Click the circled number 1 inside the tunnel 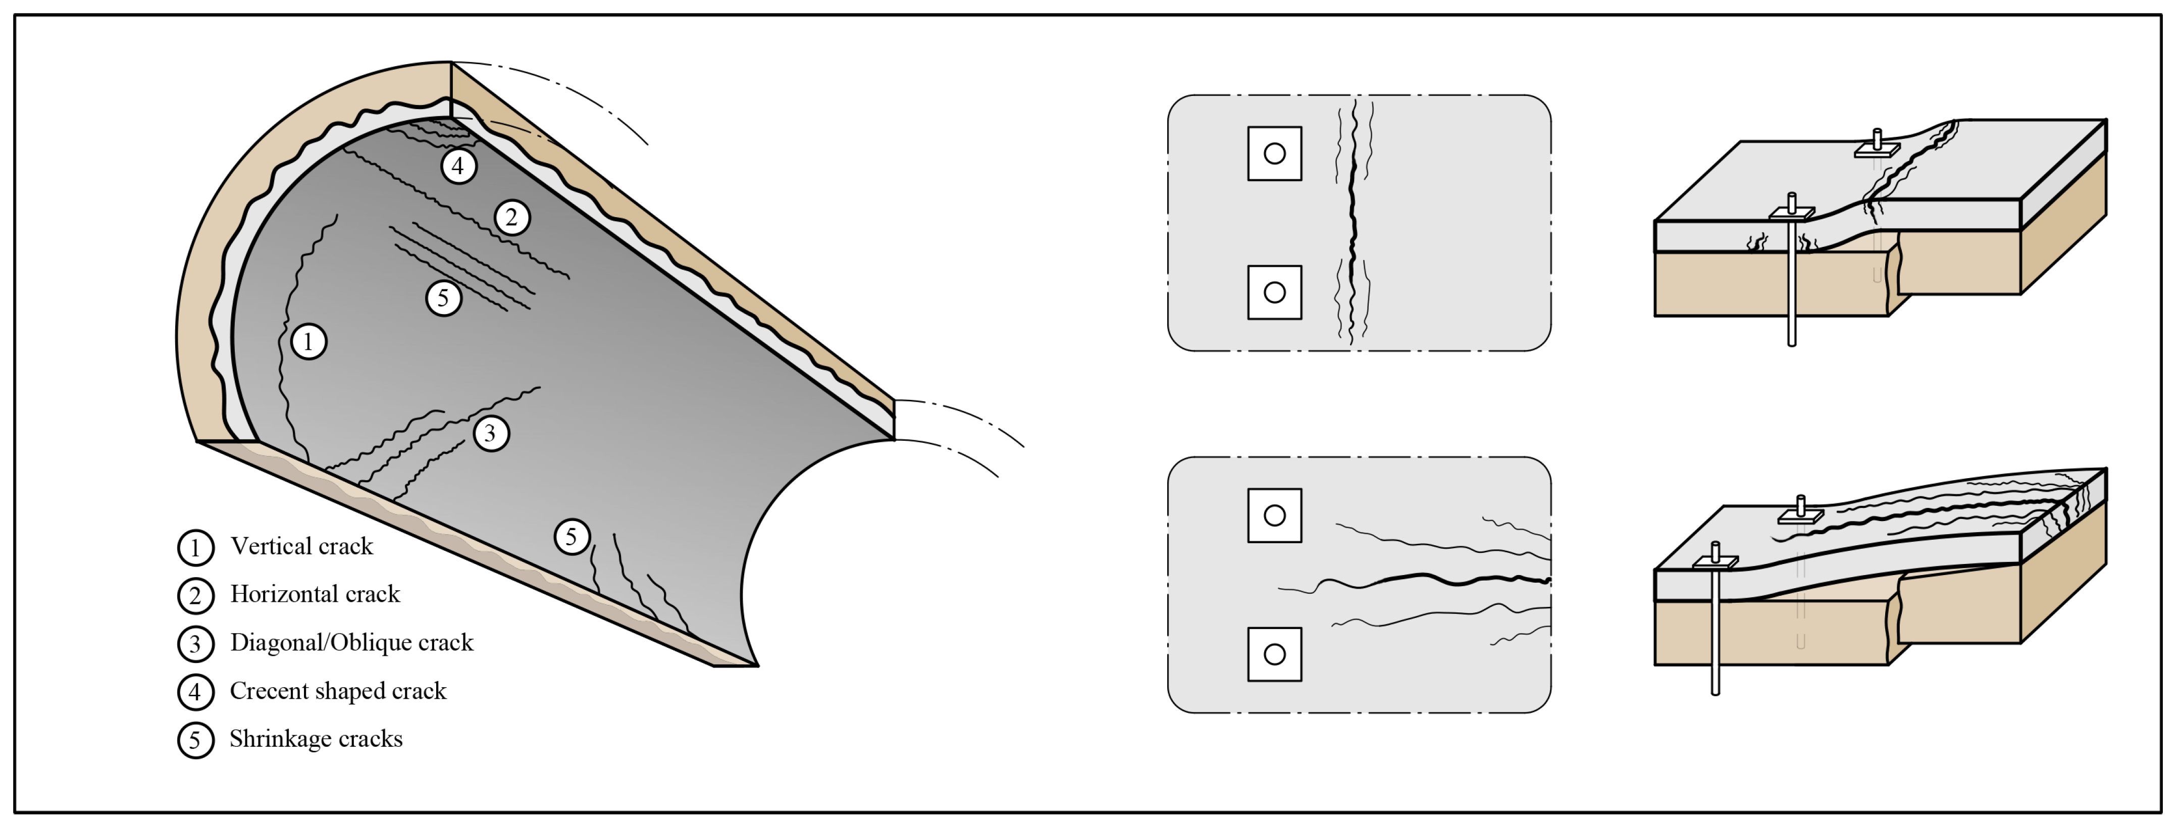coord(308,342)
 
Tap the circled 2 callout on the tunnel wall coord(511,217)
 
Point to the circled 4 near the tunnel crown coord(458,166)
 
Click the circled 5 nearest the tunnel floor coord(572,536)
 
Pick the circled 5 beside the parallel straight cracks coord(443,297)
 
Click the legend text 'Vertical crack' coord(302,546)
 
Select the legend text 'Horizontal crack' coord(315,594)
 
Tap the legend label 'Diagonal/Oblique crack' coord(351,643)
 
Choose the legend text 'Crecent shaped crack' coord(338,691)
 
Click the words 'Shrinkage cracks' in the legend coord(316,739)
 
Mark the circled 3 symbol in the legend coord(195,644)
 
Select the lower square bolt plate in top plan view coord(1274,292)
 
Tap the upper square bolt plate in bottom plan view coord(1274,515)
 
